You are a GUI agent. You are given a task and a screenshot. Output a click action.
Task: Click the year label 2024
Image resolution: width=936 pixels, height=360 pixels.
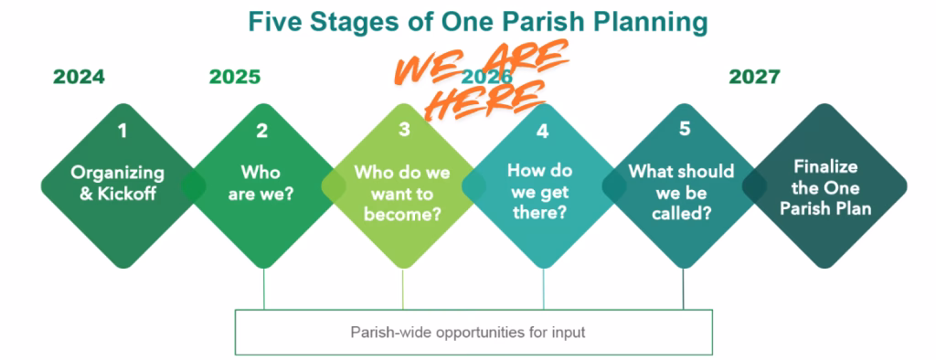point(79,77)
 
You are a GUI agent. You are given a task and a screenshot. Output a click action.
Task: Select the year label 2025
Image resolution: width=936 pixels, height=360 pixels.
point(235,77)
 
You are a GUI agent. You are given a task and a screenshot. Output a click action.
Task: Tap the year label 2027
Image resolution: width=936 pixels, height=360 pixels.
point(754,77)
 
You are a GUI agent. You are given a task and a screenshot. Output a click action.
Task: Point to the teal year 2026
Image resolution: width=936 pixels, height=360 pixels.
point(487,77)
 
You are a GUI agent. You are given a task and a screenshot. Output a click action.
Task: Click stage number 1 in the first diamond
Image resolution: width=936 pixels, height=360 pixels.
point(122,131)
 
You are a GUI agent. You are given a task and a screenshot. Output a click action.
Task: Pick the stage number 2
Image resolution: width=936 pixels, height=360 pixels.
point(262,131)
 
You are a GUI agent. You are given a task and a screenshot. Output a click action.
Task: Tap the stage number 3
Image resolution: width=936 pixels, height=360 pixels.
point(404,129)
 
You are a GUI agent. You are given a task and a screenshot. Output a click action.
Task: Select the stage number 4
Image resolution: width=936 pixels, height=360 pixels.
point(542,131)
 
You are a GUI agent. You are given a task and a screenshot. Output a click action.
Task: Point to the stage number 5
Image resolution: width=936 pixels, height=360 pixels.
point(684,129)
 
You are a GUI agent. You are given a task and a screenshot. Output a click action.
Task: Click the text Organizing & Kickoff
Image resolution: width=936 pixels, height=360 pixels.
point(118,183)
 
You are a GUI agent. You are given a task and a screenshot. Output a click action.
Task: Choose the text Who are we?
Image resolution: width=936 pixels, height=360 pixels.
point(261,183)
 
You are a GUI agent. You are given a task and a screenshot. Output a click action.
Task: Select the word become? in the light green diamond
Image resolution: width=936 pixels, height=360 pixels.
point(402,214)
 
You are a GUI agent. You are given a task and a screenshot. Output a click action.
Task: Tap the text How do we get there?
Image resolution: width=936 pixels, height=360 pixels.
point(539,191)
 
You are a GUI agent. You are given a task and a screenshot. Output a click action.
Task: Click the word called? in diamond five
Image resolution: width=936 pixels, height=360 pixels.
point(681,213)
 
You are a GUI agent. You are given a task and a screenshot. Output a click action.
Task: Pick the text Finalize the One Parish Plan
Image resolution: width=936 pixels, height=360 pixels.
point(826,187)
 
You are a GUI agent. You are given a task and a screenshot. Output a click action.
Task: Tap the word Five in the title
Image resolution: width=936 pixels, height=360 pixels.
point(271,23)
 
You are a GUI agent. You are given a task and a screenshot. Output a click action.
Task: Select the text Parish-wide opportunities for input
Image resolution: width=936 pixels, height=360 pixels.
point(468,332)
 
